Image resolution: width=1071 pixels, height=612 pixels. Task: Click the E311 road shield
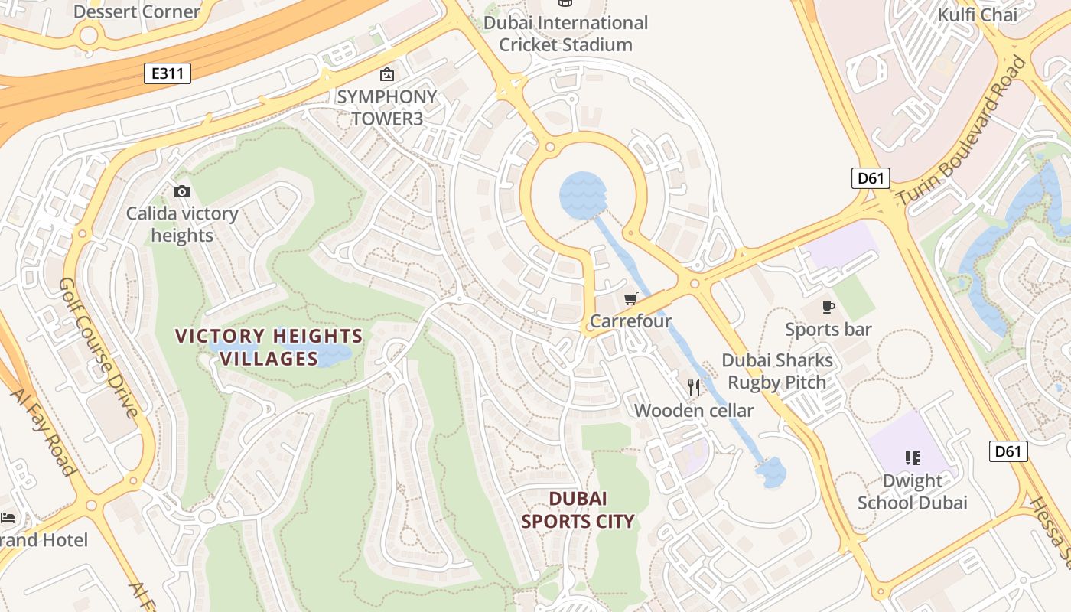[x=167, y=73]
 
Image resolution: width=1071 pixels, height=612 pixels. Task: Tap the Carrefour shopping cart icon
[x=630, y=299]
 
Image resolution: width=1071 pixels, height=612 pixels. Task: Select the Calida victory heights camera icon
[x=182, y=191]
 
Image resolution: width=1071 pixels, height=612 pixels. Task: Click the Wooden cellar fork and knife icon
[x=694, y=388]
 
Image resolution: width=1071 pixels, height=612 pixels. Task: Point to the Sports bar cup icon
[x=828, y=307]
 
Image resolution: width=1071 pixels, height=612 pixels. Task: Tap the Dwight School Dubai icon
[x=912, y=458]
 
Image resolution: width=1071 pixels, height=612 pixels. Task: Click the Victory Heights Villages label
[x=269, y=347]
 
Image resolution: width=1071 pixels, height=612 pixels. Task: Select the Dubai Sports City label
[x=578, y=510]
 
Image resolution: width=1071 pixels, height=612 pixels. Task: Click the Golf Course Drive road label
[x=99, y=348]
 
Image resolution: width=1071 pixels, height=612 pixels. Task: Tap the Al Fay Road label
[x=43, y=432]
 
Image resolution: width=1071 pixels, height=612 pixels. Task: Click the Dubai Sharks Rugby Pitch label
[x=776, y=371]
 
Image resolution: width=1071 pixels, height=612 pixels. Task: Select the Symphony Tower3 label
[x=386, y=107]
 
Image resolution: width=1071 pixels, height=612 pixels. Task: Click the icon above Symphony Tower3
[x=387, y=74]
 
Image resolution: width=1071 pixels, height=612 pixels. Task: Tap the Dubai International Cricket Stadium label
[x=565, y=34]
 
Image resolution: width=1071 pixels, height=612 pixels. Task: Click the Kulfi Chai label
[x=977, y=15]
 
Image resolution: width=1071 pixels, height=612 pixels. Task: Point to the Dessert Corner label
[x=137, y=11]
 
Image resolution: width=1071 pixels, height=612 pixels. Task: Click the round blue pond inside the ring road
[x=583, y=196]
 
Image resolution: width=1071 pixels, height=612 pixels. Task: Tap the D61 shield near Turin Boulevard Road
[x=870, y=178]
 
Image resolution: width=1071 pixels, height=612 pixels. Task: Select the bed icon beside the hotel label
[x=8, y=518]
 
